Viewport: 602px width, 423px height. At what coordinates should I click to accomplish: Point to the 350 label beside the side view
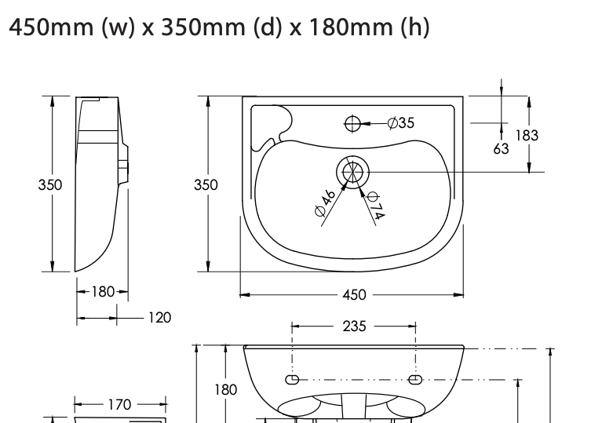click(x=51, y=185)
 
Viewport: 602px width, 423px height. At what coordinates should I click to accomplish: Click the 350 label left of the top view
click(x=206, y=185)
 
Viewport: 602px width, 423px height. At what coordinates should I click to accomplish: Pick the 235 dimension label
click(x=354, y=326)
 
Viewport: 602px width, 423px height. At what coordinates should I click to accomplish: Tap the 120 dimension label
click(x=159, y=318)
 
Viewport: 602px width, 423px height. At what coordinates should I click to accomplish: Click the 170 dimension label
click(x=119, y=405)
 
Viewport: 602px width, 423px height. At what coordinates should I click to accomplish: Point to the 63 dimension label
click(x=501, y=147)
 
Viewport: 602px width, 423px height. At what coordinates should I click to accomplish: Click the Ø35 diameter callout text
click(x=401, y=123)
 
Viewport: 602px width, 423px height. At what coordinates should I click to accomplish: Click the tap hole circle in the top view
click(x=352, y=123)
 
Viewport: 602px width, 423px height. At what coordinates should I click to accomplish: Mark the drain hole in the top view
click(x=352, y=171)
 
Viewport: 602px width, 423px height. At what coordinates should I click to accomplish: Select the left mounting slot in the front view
click(x=291, y=380)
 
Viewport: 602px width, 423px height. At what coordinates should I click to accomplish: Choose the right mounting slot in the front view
click(x=415, y=380)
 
